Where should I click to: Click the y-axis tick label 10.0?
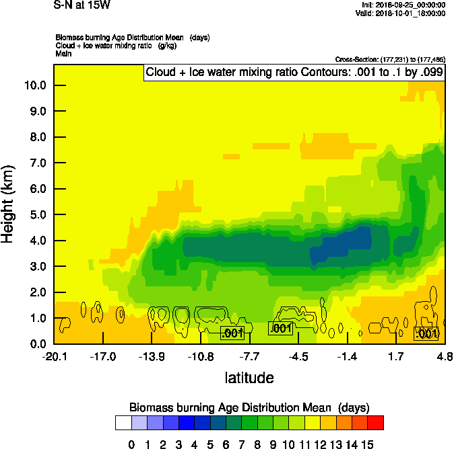click(x=35, y=85)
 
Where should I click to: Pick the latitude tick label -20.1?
click(x=55, y=356)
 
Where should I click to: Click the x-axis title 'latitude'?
click(x=249, y=378)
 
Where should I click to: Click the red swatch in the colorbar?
click(x=376, y=423)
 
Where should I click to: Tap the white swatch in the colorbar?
click(x=123, y=423)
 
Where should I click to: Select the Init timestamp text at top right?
click(x=403, y=5)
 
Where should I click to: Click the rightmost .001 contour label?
click(x=426, y=333)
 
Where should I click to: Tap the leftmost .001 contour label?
click(x=232, y=333)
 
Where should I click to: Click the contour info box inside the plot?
click(x=294, y=73)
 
